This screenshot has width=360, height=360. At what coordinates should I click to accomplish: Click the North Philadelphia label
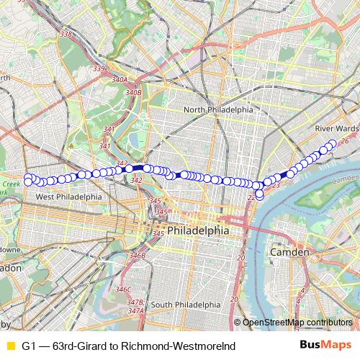click(218, 109)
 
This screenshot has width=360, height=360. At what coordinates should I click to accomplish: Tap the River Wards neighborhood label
click(336, 128)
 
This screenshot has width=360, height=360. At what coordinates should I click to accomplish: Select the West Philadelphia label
click(69, 197)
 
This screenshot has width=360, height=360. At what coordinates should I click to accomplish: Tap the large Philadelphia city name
click(198, 231)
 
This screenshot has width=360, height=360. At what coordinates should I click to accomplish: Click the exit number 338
click(66, 34)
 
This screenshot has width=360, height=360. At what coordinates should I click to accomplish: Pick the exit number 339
click(99, 68)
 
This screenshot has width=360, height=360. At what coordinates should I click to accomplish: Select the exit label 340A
click(120, 80)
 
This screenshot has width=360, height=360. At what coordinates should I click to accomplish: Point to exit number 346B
click(137, 255)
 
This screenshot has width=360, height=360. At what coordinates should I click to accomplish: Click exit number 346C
click(124, 289)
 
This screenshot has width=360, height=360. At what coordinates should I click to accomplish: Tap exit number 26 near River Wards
click(343, 141)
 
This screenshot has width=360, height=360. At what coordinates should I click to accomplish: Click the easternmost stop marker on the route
click(333, 143)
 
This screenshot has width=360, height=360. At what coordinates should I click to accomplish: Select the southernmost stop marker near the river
click(259, 194)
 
